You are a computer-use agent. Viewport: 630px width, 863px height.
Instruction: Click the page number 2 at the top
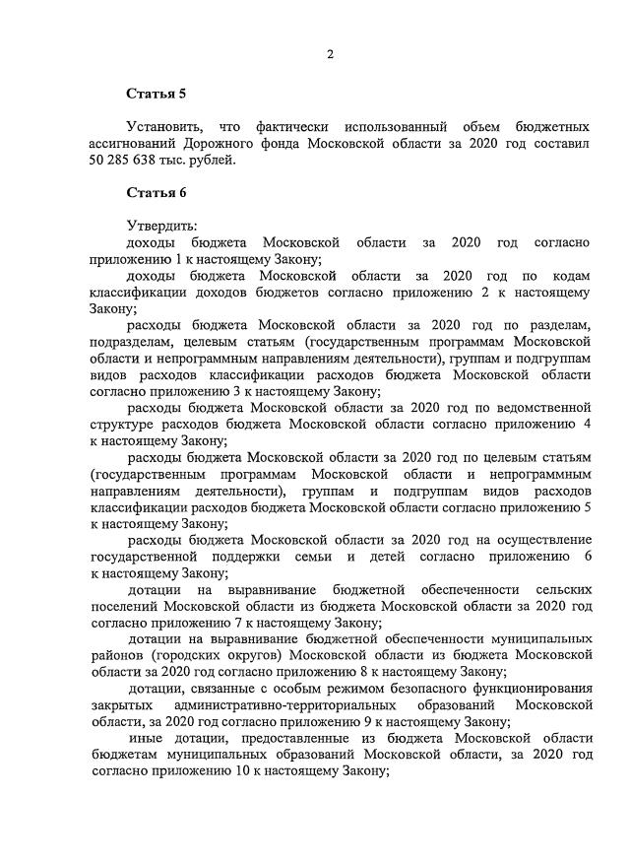(331, 54)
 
